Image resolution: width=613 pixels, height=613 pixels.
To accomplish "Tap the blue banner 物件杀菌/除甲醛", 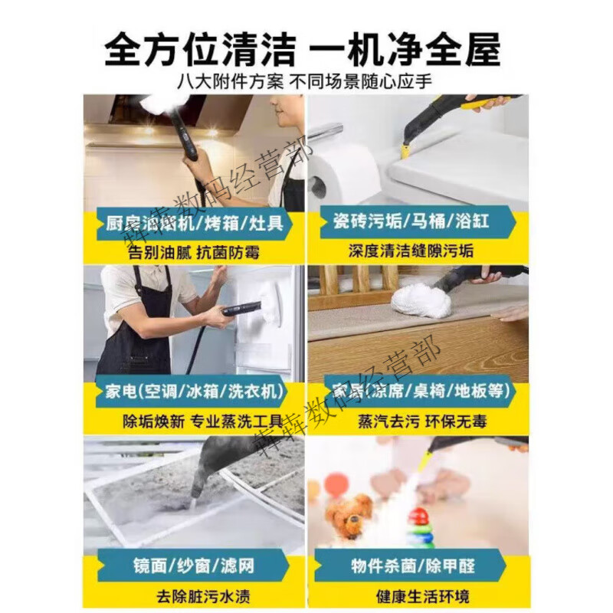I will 414,567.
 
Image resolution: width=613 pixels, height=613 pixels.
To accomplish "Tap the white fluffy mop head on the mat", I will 421,300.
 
